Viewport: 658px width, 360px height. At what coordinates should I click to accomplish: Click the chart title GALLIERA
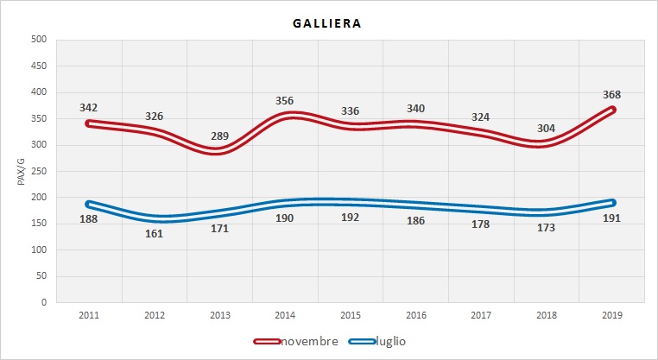coord(328,23)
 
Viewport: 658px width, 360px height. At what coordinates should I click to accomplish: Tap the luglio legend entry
coord(389,341)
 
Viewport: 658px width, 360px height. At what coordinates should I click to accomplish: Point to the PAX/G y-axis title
coord(22,171)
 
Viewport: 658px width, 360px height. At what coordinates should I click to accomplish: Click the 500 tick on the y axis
coord(38,40)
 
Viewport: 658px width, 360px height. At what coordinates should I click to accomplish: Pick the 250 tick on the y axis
coord(38,171)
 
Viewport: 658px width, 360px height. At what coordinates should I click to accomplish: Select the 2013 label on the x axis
coord(220,316)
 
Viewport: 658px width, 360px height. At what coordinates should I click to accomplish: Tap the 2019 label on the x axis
coord(612,316)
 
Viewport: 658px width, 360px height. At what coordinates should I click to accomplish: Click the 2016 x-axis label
coord(416,316)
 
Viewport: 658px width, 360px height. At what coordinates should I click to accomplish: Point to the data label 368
coord(612,95)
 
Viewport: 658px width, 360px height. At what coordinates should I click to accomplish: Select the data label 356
coord(285,101)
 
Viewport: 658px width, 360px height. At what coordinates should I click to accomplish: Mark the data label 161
coord(155,233)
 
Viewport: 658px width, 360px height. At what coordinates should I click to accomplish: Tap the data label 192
coord(351,218)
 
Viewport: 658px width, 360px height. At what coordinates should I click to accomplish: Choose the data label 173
coord(547,227)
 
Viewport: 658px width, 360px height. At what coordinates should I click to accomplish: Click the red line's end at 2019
coord(612,110)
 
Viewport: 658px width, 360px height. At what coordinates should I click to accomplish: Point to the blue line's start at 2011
coord(89,204)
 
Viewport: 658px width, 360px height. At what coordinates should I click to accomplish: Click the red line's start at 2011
coord(89,123)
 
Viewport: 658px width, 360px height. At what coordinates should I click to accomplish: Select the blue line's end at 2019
coord(612,203)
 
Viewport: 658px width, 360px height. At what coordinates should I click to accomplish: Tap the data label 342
coord(89,108)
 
